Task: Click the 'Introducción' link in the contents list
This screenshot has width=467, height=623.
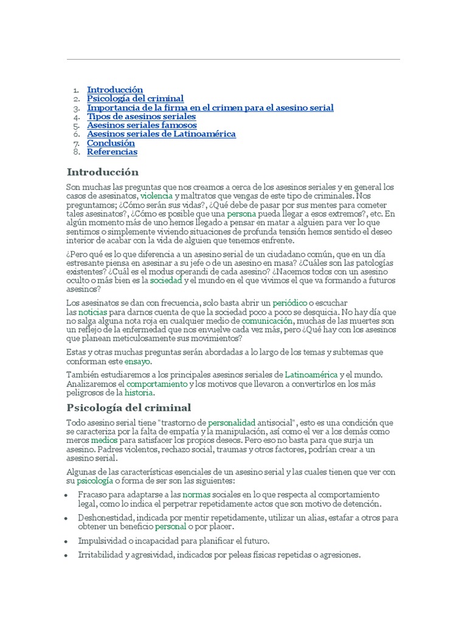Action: [115, 89]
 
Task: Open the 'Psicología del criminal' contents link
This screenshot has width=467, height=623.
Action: [135, 99]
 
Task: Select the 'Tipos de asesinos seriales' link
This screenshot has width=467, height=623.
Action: [141, 116]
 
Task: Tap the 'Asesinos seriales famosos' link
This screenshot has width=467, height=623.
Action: [142, 125]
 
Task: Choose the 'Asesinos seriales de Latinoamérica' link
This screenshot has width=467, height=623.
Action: [161, 134]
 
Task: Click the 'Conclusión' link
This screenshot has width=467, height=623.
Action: [111, 143]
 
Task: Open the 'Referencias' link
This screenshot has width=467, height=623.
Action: [112, 152]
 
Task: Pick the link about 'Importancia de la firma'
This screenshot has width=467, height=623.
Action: [210, 108]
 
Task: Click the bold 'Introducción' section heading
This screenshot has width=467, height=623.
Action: [103, 172]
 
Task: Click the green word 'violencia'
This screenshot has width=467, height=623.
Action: [156, 197]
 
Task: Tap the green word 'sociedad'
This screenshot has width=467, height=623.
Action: [166, 281]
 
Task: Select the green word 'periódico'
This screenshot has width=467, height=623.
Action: [289, 302]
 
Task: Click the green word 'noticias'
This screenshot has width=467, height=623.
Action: [92, 311]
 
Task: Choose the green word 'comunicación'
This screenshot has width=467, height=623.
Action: [267, 320]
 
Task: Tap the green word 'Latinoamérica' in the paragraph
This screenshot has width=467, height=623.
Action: [310, 375]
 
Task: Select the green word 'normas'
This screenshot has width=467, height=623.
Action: [196, 495]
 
